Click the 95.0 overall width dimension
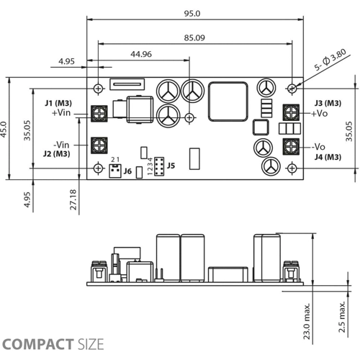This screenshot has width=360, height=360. pos(192,14)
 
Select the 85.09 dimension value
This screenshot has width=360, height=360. pos(194,38)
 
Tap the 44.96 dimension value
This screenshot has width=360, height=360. pos(141,54)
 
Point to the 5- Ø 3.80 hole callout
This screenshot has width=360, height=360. pos(330,60)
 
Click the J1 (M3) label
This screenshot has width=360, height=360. pos(58,103)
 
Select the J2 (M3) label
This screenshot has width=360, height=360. pos(57,153)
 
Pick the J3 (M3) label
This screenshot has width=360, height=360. pos(328,103)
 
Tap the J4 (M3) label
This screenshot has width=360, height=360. pos(328,157)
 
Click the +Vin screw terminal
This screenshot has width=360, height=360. pos(99,114)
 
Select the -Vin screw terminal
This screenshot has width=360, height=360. pos(99,145)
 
